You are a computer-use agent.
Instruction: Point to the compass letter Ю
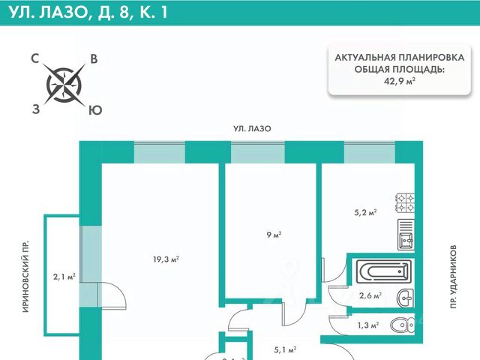94,109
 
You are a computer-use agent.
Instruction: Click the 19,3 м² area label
165,259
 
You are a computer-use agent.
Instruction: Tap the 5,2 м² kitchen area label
364,212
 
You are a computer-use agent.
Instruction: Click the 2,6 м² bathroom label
370,295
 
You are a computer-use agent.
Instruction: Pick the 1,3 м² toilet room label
367,325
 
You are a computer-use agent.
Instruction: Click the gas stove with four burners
406,202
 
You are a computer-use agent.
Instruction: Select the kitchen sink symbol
406,238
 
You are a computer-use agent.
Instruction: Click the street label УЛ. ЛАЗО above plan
251,129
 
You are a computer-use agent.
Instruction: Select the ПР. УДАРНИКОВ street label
454,277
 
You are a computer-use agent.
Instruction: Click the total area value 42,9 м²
400,80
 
